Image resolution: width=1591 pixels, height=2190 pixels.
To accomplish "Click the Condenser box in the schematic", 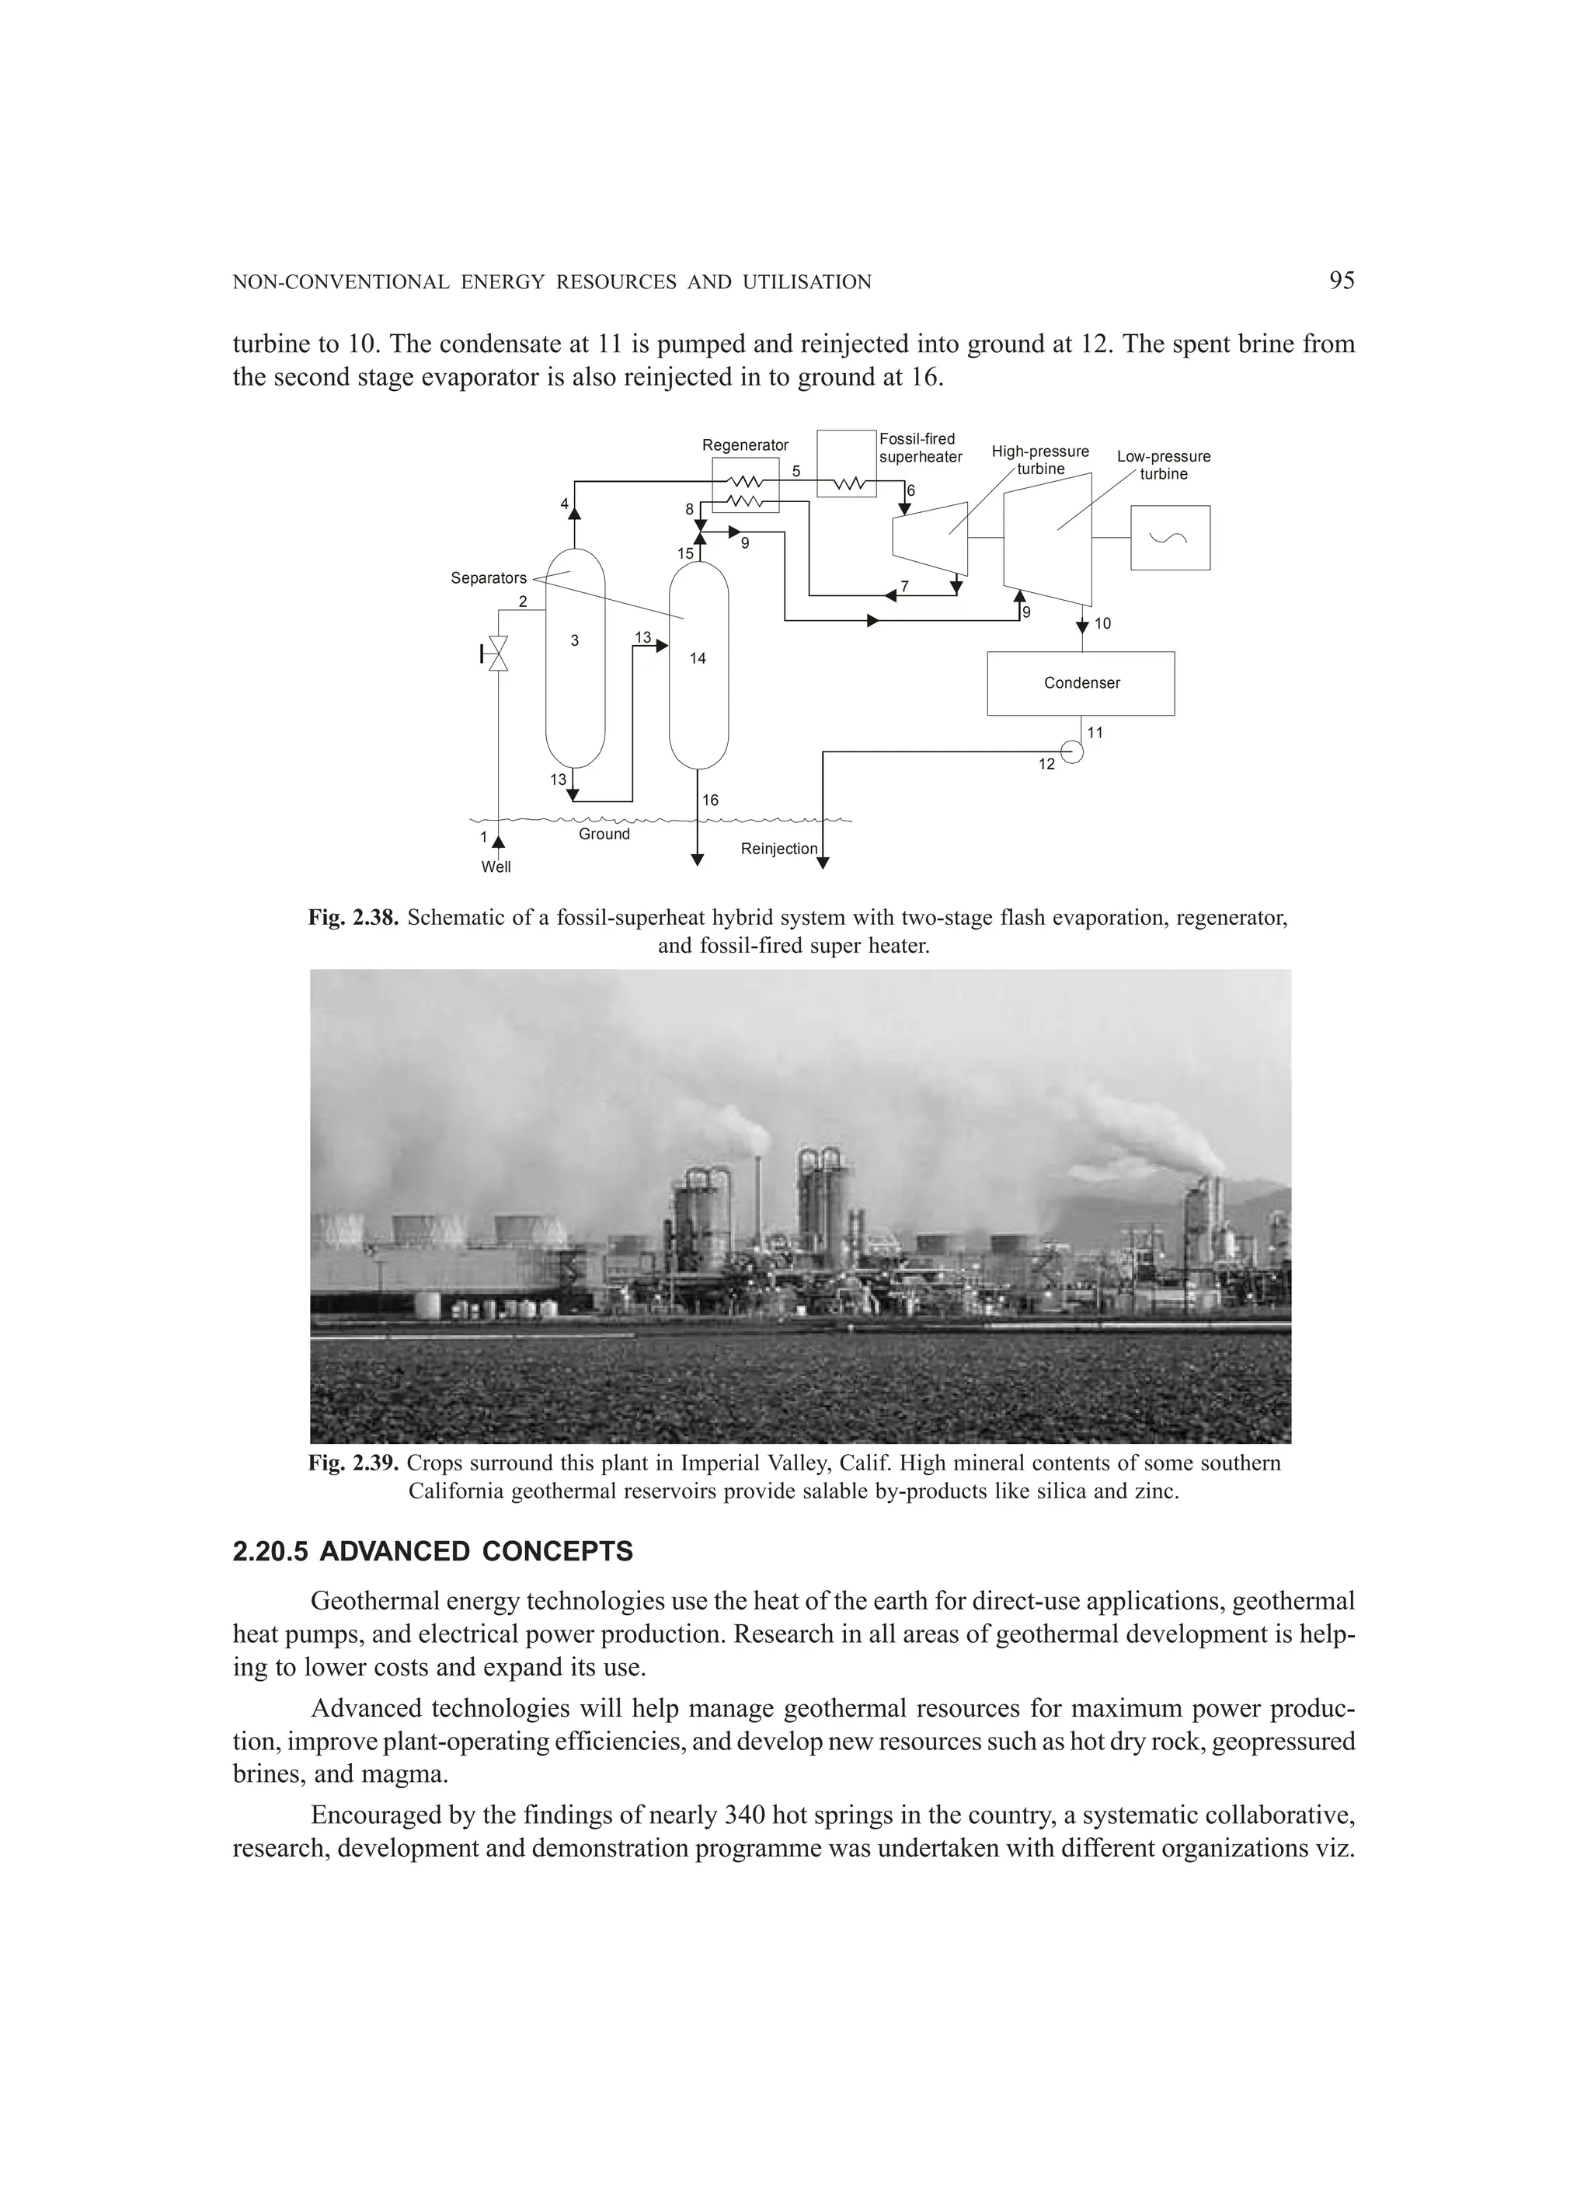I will coord(1081,682).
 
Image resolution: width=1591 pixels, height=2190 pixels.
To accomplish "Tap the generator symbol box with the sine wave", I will coord(1169,538).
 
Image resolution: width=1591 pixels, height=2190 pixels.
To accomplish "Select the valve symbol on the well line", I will coord(498,654).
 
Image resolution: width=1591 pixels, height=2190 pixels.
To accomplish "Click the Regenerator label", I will coord(744,445).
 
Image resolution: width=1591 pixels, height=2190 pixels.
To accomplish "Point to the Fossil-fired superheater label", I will coord(920,448).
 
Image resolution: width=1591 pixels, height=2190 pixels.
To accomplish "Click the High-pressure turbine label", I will coord(1039,459).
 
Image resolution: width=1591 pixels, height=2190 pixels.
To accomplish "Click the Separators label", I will coord(489,578).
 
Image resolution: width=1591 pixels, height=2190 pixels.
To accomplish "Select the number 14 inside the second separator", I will coord(697,658).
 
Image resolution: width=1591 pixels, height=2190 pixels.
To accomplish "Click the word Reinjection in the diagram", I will coord(778,849).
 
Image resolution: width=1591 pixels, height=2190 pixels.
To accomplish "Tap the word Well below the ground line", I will coord(496,867).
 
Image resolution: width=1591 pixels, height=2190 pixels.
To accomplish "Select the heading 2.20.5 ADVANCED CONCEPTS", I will coord(433,1552).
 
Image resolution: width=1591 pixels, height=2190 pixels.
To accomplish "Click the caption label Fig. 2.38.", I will coord(353,917).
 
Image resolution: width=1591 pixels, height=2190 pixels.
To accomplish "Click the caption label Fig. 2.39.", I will coord(353,1463).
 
